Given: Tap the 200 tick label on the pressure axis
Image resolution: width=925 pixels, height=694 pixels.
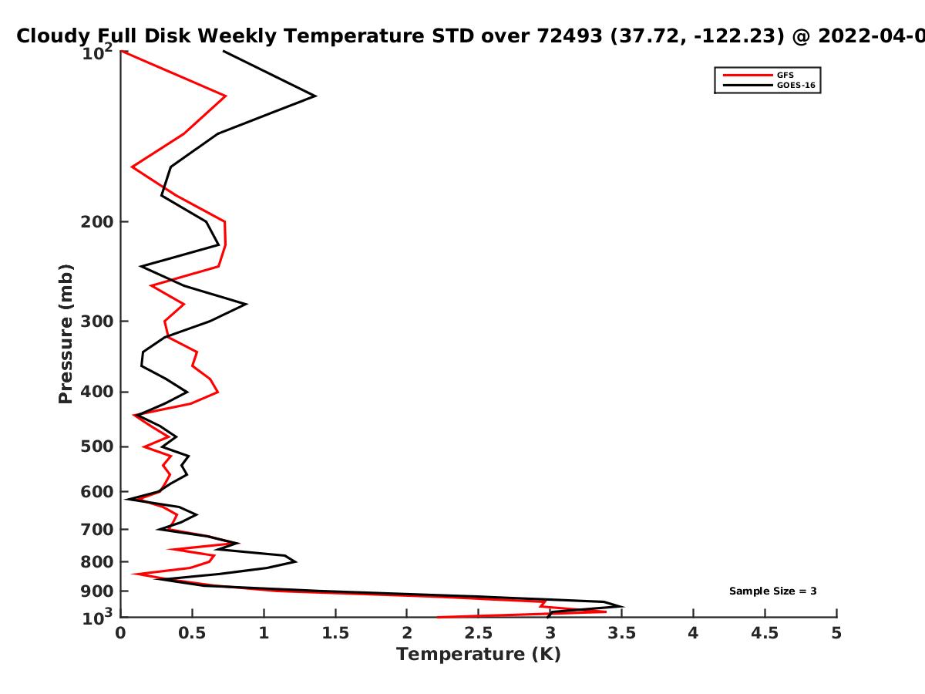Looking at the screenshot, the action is click(x=97, y=221).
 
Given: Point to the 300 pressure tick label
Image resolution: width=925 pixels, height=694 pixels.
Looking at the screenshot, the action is click(x=97, y=322).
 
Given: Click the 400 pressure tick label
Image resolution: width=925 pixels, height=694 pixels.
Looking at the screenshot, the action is click(x=97, y=392).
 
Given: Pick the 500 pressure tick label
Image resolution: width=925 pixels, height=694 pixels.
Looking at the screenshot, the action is click(x=97, y=446).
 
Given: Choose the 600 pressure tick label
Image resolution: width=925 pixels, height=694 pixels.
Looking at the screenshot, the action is click(x=97, y=492).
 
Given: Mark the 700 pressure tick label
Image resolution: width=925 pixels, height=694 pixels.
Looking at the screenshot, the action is click(x=97, y=530).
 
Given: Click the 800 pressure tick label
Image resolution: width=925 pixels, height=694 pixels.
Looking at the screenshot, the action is click(x=97, y=562).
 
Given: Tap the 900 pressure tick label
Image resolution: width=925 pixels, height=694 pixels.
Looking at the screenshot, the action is click(x=97, y=591).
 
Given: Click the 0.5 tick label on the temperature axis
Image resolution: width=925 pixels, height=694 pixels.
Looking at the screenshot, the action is click(x=192, y=633).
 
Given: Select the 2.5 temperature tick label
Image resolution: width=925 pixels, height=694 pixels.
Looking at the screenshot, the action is click(x=479, y=633).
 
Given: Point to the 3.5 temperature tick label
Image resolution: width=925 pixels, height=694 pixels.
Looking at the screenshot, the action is click(x=621, y=633).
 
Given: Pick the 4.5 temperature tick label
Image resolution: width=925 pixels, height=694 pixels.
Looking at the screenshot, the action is click(x=765, y=633).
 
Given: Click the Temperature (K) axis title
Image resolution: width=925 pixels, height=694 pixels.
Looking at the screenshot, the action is click(x=479, y=655).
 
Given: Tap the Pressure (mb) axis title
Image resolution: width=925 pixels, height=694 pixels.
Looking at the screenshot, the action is click(x=66, y=334).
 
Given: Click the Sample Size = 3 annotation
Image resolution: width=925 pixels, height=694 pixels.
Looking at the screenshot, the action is click(x=773, y=591).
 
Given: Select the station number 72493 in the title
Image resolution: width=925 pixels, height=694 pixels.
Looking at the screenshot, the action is click(x=569, y=36).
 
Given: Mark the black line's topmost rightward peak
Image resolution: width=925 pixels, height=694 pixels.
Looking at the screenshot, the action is click(x=315, y=96).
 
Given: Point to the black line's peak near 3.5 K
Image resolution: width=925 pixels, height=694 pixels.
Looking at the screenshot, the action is click(x=623, y=607).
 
